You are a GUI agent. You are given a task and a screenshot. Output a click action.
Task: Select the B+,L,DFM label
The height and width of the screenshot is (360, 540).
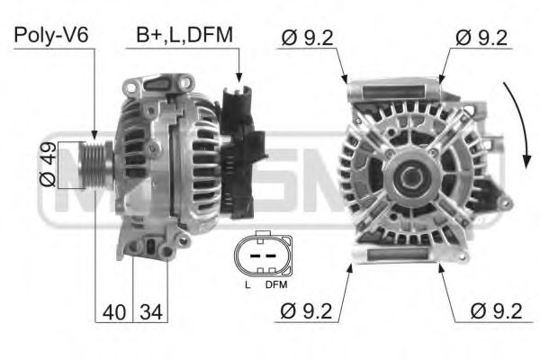(x=184, y=35)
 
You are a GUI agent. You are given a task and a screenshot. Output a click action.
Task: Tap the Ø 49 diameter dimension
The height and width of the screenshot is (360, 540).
(x=48, y=164)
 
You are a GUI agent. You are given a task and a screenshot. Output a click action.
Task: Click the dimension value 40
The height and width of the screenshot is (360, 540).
(x=113, y=313)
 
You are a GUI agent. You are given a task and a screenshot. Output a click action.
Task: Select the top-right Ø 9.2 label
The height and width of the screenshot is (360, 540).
(x=481, y=37)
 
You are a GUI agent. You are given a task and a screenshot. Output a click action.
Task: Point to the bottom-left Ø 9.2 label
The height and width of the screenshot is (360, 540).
(x=307, y=312)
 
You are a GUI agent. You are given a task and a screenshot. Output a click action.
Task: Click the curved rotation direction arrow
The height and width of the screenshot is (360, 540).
(x=520, y=126)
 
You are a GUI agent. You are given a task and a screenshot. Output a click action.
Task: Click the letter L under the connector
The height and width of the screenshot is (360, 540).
(x=247, y=285)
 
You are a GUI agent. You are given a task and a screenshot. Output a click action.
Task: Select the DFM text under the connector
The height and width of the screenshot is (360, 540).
(x=276, y=285)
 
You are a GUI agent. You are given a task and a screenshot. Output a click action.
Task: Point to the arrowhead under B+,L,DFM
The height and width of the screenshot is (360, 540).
(x=238, y=78)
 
